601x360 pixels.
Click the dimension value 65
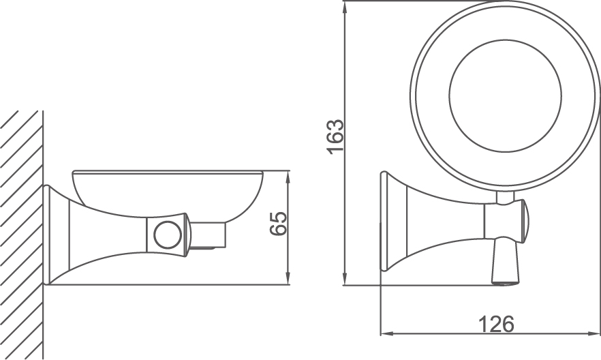(x=277, y=223)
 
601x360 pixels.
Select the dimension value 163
(x=335, y=137)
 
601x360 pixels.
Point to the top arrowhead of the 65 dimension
(x=289, y=176)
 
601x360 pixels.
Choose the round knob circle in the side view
(x=166, y=235)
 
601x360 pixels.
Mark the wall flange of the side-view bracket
(x=48, y=235)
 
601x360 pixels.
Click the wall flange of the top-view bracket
(x=384, y=228)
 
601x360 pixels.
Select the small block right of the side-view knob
(x=207, y=235)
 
